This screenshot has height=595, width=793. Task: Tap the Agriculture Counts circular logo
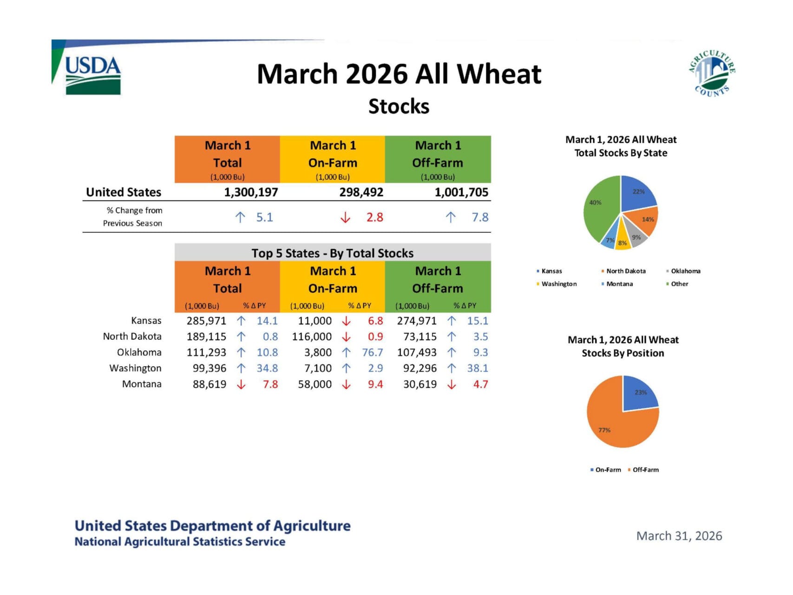click(712, 73)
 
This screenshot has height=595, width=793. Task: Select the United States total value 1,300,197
click(251, 192)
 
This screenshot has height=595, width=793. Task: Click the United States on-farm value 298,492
click(361, 192)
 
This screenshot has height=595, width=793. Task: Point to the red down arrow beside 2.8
click(345, 218)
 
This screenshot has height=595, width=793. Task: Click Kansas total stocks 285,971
click(206, 321)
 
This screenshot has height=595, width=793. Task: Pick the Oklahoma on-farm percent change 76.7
click(373, 353)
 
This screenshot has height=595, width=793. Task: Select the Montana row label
click(142, 384)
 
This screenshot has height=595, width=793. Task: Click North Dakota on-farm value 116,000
click(312, 337)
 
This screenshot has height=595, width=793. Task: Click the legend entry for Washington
click(559, 284)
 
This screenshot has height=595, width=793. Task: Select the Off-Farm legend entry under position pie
click(645, 470)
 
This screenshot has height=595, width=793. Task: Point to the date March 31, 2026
click(679, 536)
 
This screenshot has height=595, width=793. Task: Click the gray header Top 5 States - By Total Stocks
click(333, 253)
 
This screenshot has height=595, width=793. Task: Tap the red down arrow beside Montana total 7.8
click(241, 384)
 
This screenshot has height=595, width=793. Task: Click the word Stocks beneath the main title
click(399, 106)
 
